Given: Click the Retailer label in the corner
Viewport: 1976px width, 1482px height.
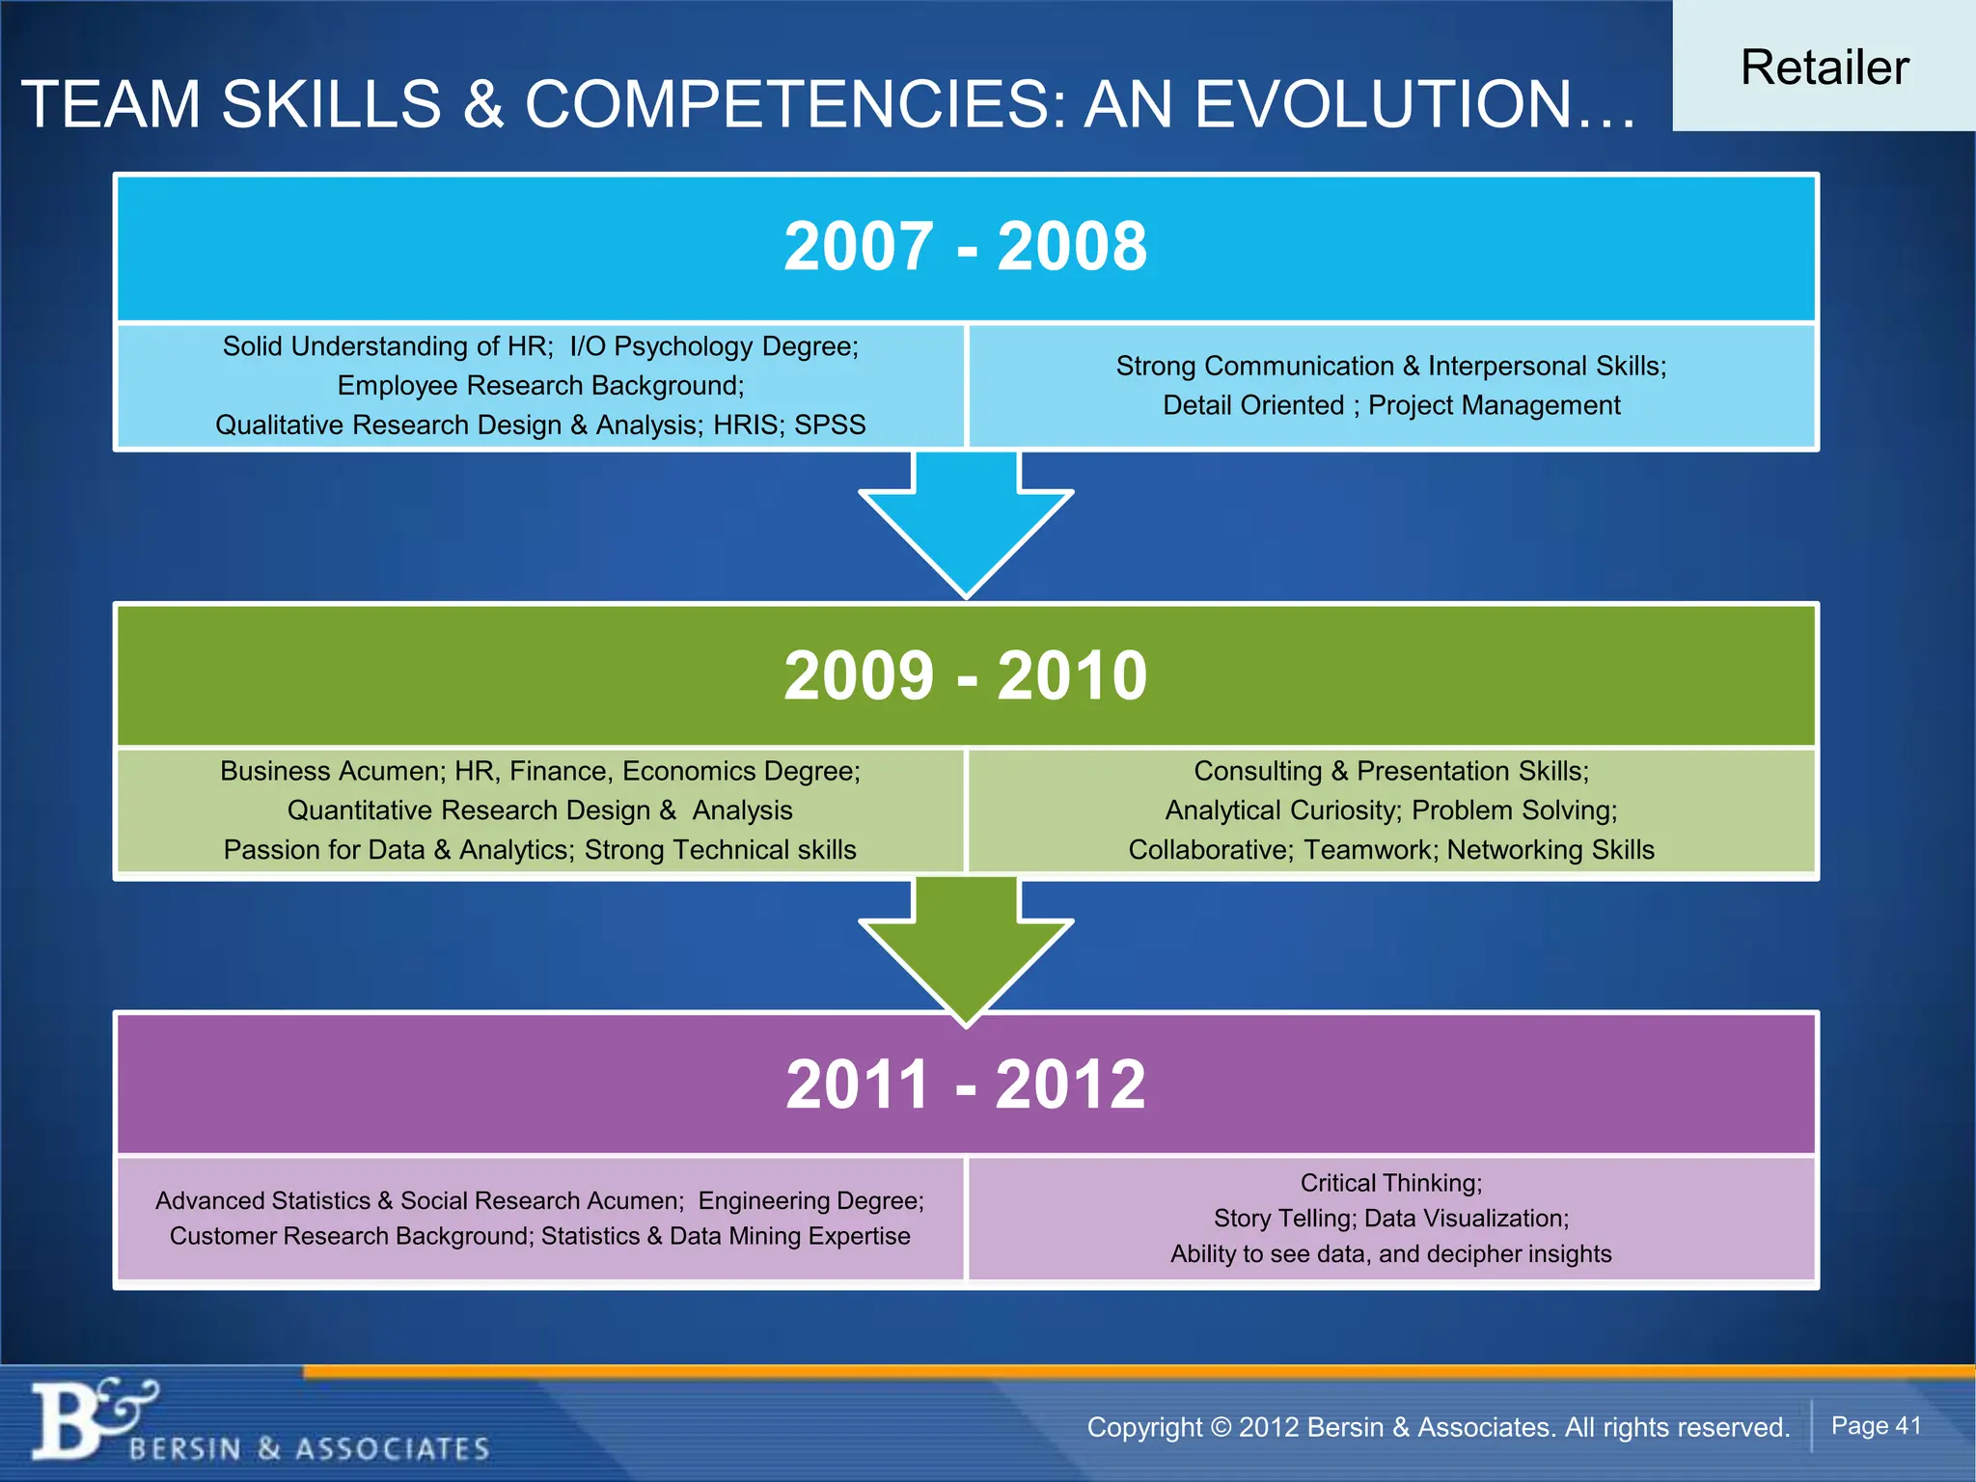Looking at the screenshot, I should point(1824,68).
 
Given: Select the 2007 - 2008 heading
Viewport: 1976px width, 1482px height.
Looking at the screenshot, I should point(965,246).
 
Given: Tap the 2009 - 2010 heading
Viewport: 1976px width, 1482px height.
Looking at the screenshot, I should point(965,675).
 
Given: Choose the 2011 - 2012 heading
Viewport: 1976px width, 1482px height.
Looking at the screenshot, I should point(965,1084).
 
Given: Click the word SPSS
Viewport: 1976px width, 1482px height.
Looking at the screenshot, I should point(830,425).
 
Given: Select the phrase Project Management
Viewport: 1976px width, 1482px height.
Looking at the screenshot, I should point(1494,405).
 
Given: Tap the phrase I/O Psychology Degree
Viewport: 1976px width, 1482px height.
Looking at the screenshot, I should point(714,346).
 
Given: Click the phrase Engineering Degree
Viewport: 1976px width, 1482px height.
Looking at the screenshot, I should point(810,1200).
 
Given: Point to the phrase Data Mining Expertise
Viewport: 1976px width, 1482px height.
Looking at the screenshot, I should point(789,1236).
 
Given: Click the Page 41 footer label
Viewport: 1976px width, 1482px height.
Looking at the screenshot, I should point(1876,1426).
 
